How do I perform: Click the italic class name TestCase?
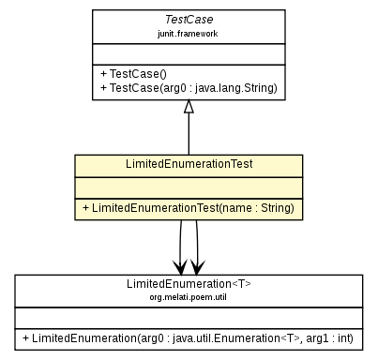point(189,19)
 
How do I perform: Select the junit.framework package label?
point(189,32)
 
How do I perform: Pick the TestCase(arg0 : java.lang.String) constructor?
point(187,87)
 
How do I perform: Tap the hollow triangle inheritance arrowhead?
point(189,106)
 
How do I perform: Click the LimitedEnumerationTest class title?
point(189,164)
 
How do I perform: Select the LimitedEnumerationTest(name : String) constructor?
point(188,207)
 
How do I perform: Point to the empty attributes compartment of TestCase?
point(189,52)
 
